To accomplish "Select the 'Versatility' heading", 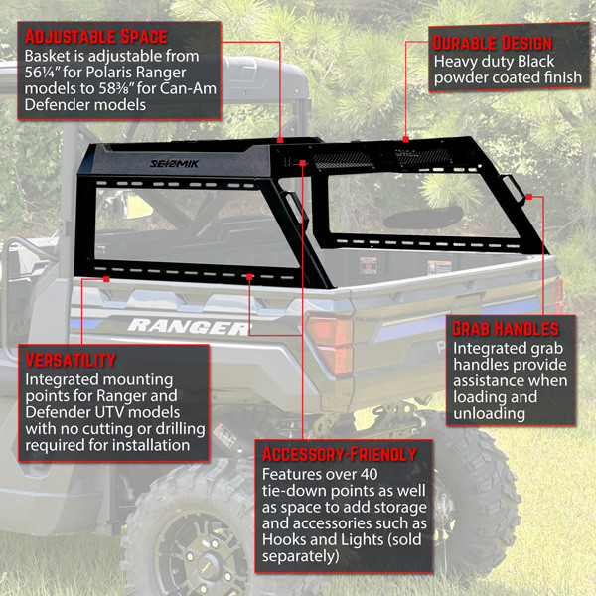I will (x=72, y=360).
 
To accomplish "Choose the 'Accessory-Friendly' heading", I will (x=339, y=454).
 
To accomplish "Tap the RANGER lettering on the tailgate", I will (x=189, y=326).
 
